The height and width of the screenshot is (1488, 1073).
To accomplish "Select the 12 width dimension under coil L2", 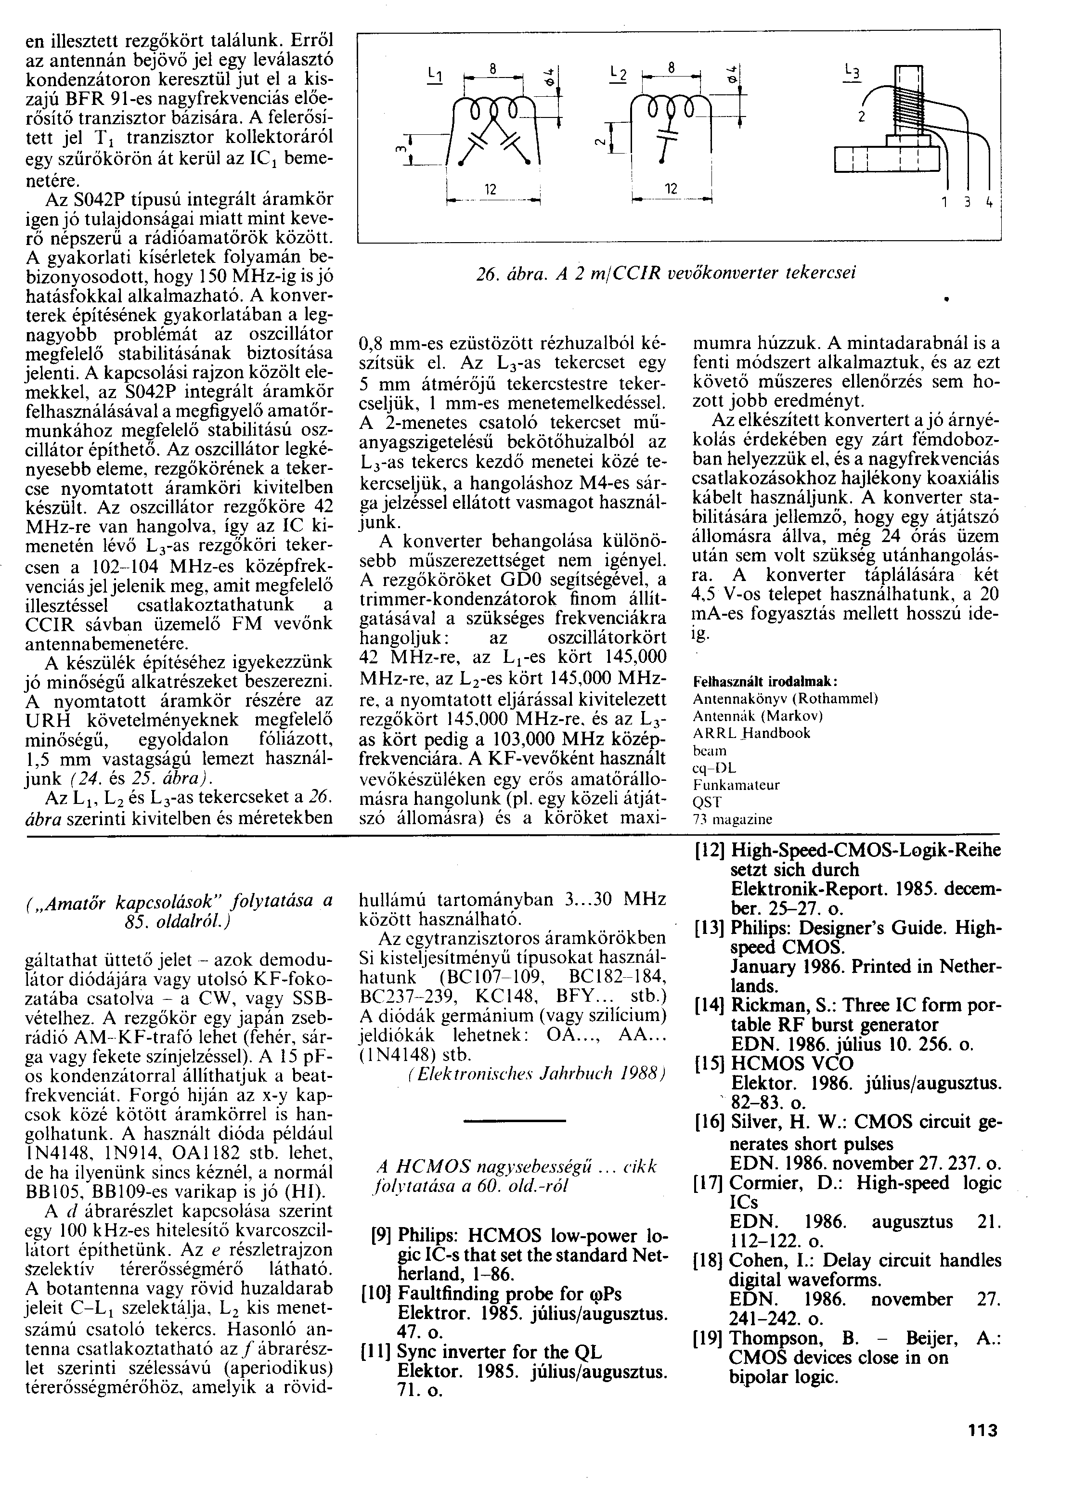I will (670, 189).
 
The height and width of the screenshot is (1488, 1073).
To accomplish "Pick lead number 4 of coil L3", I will (989, 203).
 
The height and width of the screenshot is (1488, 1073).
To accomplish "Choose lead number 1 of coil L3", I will (945, 203).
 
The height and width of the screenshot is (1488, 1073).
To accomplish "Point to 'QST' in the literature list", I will (707, 802).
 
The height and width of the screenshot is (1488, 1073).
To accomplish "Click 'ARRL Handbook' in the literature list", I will (751, 733).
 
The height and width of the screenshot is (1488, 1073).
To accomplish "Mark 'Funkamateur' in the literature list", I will (736, 785).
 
